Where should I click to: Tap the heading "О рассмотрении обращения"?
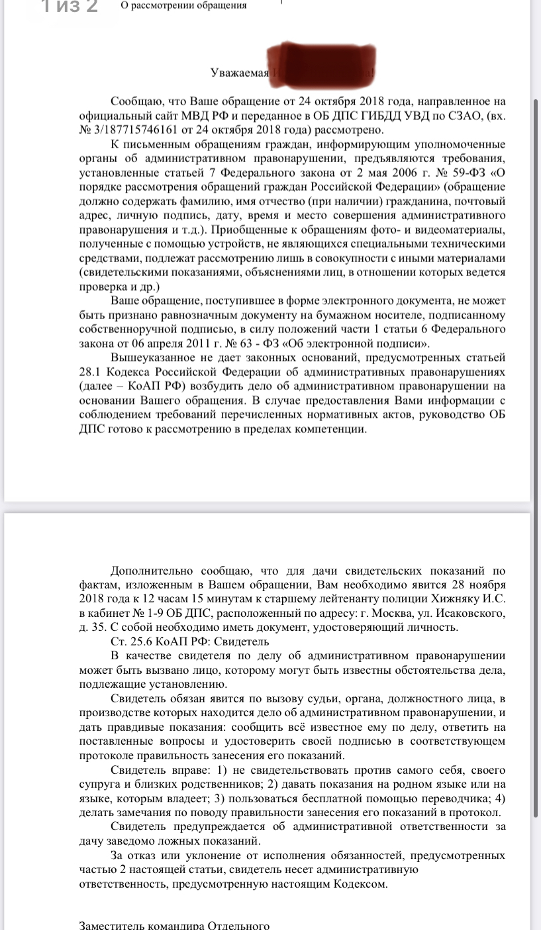click(x=184, y=5)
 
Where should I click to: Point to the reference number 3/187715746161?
click(x=142, y=130)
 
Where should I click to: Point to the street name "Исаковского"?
click(x=475, y=614)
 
